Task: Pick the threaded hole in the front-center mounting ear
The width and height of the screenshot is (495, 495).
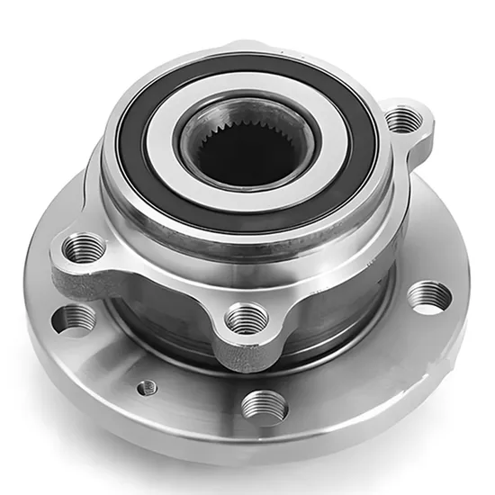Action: tap(246, 318)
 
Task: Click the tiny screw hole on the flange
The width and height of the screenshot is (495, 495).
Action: tap(147, 387)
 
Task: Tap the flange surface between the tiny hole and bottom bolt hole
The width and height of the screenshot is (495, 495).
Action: tap(202, 400)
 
